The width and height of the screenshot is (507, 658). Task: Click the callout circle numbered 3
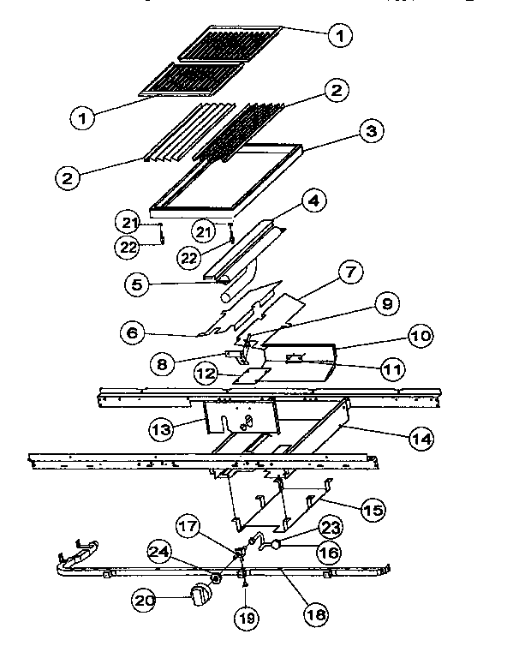tap(370, 132)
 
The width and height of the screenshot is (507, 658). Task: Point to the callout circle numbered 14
tap(420, 439)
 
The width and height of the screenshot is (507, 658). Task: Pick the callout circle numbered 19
tap(247, 614)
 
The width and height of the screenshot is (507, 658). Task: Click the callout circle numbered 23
tap(329, 526)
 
